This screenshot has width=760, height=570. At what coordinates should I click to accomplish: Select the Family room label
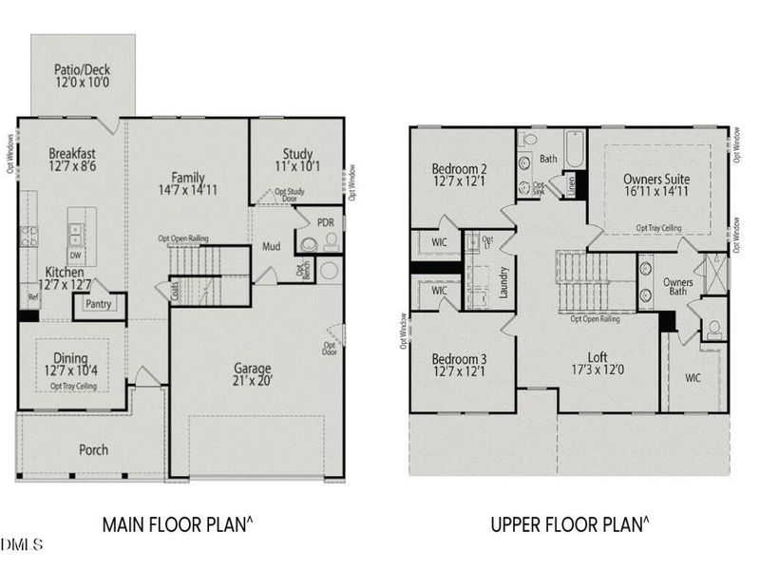point(188,176)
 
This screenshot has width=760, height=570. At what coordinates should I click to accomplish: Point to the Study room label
point(297,154)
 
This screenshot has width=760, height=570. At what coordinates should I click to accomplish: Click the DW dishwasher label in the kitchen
point(74,255)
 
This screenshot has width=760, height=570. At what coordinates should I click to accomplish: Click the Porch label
point(93,449)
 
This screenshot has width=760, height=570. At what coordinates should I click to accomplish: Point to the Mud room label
point(271,247)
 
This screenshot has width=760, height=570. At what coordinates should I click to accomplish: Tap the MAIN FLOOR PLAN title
point(180,523)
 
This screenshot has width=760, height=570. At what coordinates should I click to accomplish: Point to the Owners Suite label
point(656,179)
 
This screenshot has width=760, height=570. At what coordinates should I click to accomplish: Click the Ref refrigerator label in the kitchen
point(32,297)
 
